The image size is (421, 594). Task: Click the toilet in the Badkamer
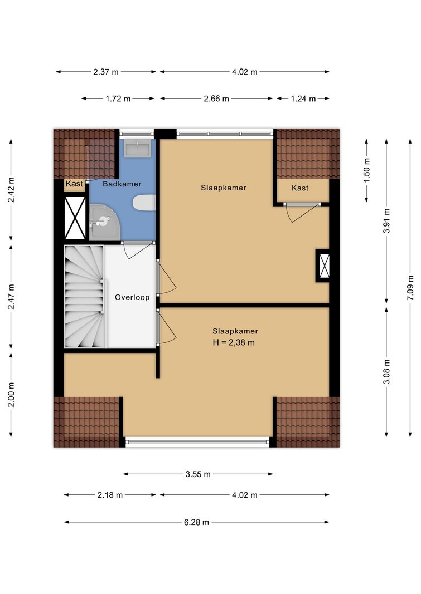(144, 202)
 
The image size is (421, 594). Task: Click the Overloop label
(132, 297)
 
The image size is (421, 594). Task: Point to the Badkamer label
(122, 184)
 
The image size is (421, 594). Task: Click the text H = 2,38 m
(234, 343)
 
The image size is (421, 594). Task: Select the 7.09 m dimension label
(410, 288)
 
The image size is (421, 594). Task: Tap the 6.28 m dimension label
(196, 522)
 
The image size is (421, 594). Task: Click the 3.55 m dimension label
(198, 474)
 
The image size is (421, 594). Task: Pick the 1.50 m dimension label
(367, 170)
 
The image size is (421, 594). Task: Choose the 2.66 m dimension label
(216, 99)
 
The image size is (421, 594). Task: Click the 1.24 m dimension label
(303, 99)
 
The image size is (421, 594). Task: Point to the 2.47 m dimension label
(11, 297)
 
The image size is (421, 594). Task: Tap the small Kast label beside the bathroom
(74, 184)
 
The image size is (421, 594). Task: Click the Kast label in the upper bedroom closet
(300, 188)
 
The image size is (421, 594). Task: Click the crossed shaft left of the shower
(75, 218)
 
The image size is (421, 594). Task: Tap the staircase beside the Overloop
(84, 297)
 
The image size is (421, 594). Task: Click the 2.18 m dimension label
(110, 495)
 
